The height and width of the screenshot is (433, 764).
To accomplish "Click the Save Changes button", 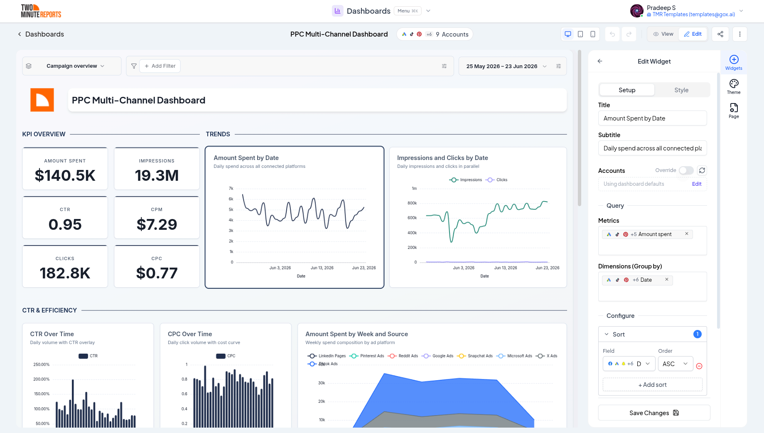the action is [x=654, y=413].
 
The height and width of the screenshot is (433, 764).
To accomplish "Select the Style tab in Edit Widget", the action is [x=681, y=90].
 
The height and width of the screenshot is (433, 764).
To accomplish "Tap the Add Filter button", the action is [x=160, y=66].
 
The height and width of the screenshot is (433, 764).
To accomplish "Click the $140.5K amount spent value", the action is [x=65, y=175].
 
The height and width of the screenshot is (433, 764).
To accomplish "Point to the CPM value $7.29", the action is [x=157, y=224].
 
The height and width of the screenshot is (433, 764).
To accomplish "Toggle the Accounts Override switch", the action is [x=686, y=170].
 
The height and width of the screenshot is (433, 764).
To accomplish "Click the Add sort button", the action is [x=652, y=385].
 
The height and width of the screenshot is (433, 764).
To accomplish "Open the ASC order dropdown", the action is [x=676, y=364].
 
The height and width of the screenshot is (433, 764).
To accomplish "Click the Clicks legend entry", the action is [x=496, y=180].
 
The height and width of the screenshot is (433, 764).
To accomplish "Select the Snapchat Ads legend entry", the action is [x=475, y=356].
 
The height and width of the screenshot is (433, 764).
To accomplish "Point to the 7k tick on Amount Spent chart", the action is [x=231, y=189].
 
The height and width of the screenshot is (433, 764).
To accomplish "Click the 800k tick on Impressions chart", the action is [x=412, y=203].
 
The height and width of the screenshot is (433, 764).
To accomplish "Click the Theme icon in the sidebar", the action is [x=734, y=86].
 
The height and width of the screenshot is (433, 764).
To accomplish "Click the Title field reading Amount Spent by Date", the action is [x=652, y=118].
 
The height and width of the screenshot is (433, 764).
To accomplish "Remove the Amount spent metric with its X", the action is [x=687, y=234].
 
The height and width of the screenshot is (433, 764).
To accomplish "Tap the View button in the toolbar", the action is [x=663, y=34].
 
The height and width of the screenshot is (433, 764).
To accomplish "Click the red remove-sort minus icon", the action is [x=699, y=366].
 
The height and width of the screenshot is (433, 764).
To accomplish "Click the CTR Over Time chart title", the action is [x=52, y=334].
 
